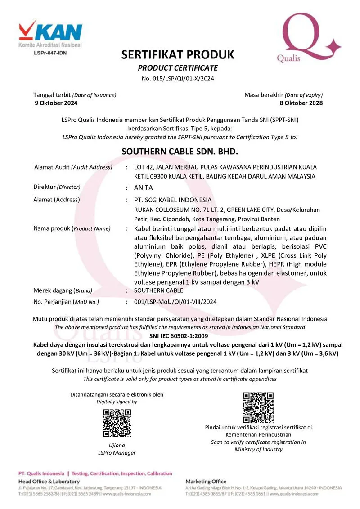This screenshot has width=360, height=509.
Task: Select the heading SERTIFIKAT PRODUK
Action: (x=178, y=55)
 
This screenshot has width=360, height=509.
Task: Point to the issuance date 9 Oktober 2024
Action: (x=56, y=103)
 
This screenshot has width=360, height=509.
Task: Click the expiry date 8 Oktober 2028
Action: (x=301, y=103)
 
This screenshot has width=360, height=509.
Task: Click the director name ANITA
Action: (x=144, y=188)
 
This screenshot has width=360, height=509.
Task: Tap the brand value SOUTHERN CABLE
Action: (x=156, y=290)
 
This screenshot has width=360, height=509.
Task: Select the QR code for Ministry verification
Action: (x=258, y=407)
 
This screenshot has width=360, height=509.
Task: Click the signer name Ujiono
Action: (x=117, y=445)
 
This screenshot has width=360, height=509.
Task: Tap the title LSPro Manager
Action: (x=117, y=453)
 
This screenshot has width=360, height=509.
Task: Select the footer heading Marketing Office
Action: (x=206, y=482)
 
